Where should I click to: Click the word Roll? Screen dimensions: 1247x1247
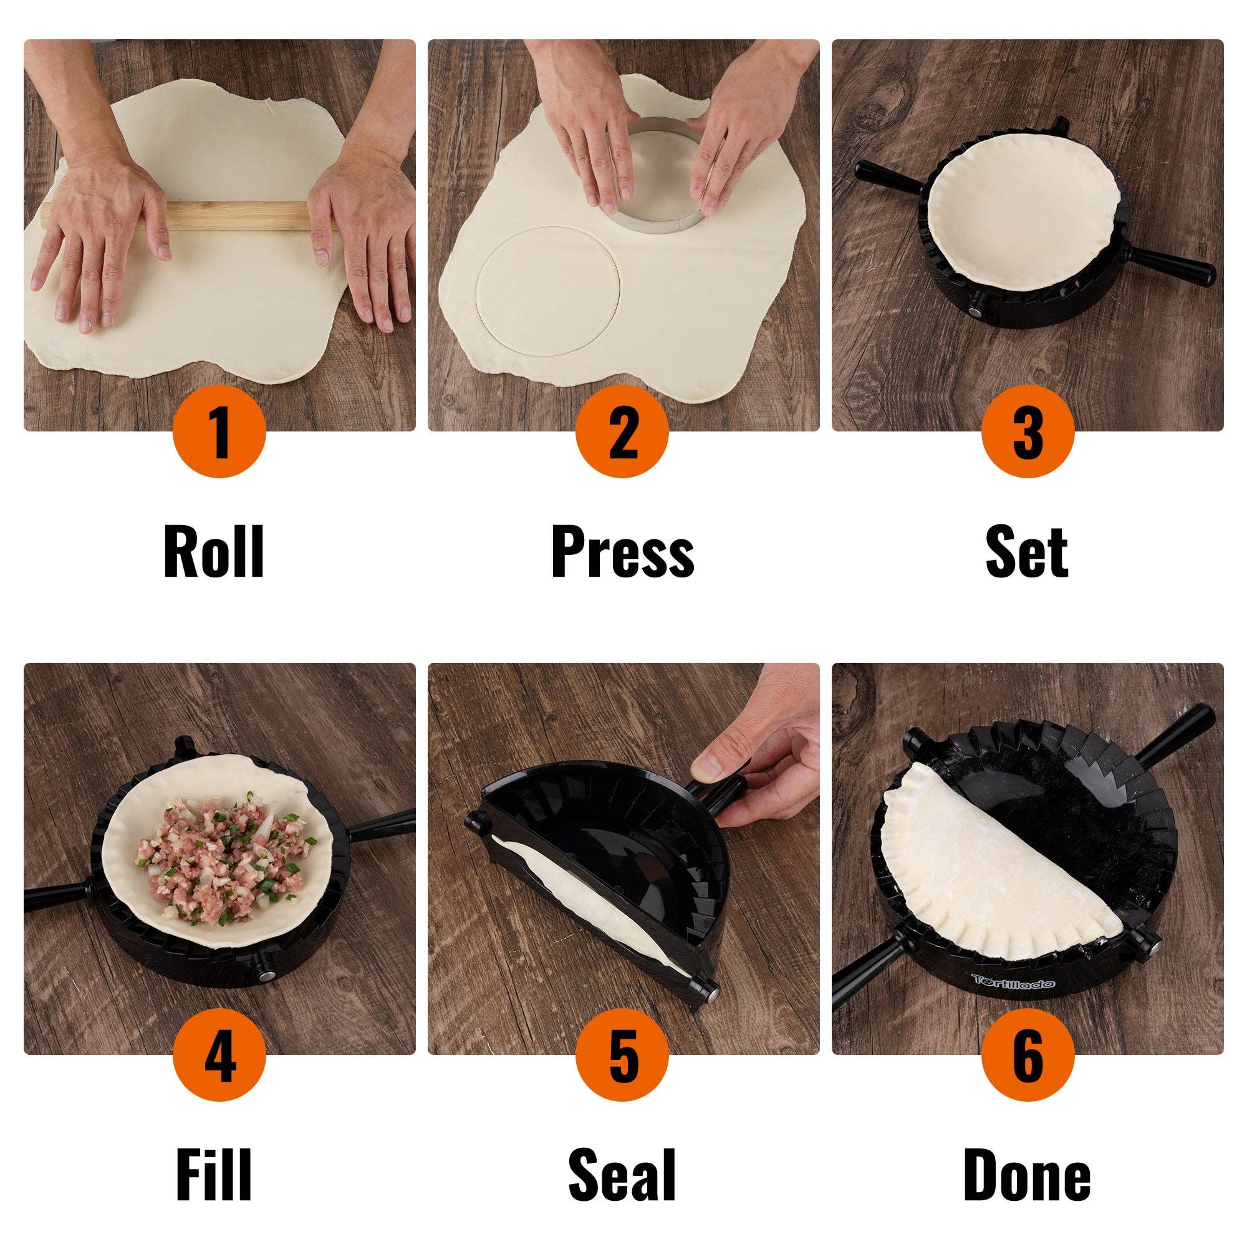(x=214, y=552)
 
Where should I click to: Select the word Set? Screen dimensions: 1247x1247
(x=1027, y=552)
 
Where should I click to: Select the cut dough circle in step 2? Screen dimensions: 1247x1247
(x=547, y=291)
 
